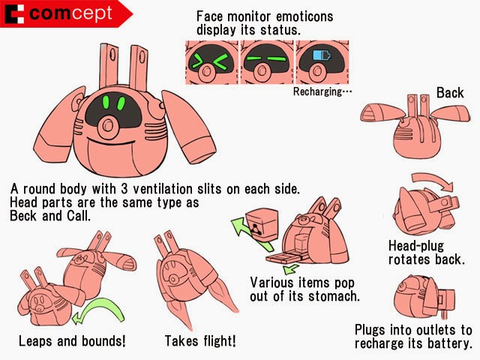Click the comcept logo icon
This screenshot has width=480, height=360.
[15, 13]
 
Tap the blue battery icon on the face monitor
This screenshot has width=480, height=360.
[322, 55]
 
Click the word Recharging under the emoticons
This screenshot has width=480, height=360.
[317, 91]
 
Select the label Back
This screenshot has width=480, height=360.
[450, 93]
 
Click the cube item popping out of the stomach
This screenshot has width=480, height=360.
[262, 224]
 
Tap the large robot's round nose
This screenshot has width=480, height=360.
[107, 126]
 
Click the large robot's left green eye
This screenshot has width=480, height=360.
[106, 103]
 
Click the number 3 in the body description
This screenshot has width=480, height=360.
[124, 189]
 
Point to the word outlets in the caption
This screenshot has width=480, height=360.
[424, 330]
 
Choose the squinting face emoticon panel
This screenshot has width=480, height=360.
[211, 62]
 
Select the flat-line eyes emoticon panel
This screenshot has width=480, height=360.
[267, 62]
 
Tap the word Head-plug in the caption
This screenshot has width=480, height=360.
[416, 246]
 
